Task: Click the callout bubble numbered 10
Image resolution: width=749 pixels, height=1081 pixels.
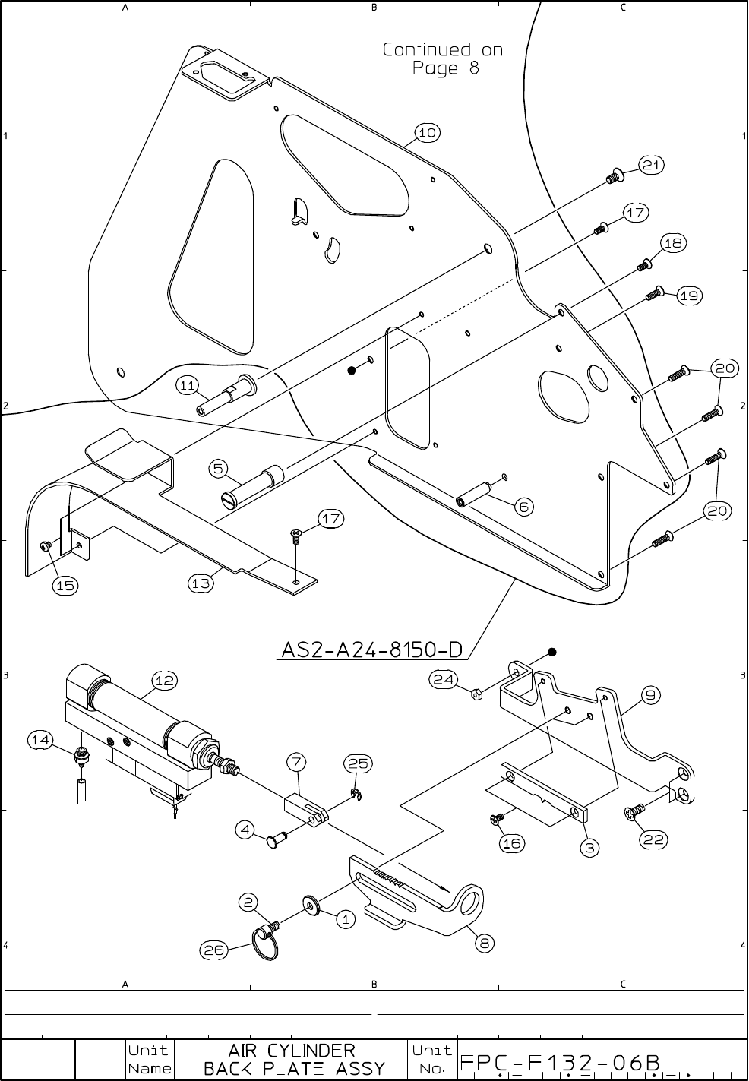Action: [428, 133]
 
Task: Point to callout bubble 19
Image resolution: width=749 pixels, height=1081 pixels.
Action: [689, 296]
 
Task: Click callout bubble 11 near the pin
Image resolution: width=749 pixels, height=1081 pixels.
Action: [188, 385]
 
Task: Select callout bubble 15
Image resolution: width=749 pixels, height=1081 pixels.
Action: [65, 585]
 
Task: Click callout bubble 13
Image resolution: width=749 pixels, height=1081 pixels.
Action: [201, 583]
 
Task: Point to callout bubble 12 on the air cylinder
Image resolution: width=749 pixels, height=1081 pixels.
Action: [165, 681]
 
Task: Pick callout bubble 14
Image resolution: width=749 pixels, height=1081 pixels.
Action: [42, 738]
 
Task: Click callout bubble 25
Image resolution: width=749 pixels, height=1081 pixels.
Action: [358, 763]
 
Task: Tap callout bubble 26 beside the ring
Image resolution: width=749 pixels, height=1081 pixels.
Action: [213, 949]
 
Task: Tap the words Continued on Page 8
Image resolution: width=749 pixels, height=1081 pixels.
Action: [443, 59]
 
